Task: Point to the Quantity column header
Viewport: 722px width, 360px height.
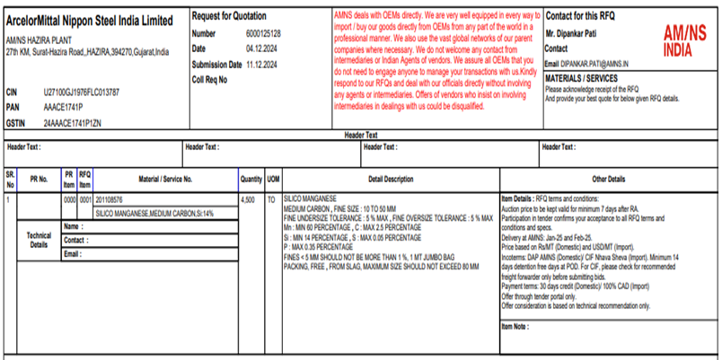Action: [x=251, y=179]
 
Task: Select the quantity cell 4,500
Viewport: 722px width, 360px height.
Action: [x=248, y=198]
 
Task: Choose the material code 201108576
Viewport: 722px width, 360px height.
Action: [x=109, y=198]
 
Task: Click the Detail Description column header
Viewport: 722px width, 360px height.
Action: [x=391, y=179]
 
